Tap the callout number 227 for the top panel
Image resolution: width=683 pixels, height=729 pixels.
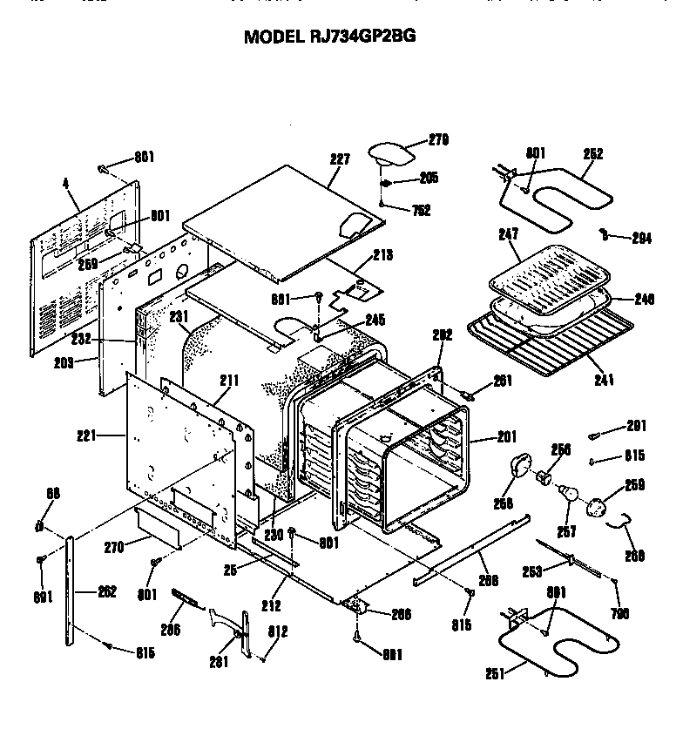tap(340, 159)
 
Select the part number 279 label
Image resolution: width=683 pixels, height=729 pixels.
tap(438, 138)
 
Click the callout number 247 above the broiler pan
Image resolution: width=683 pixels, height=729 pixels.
tap(508, 235)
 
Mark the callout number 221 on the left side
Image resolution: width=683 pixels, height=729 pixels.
tap(111, 434)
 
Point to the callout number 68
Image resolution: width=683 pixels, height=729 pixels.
tap(53, 495)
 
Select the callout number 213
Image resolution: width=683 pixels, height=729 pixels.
tap(382, 255)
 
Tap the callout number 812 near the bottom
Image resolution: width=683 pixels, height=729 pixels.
tap(279, 631)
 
